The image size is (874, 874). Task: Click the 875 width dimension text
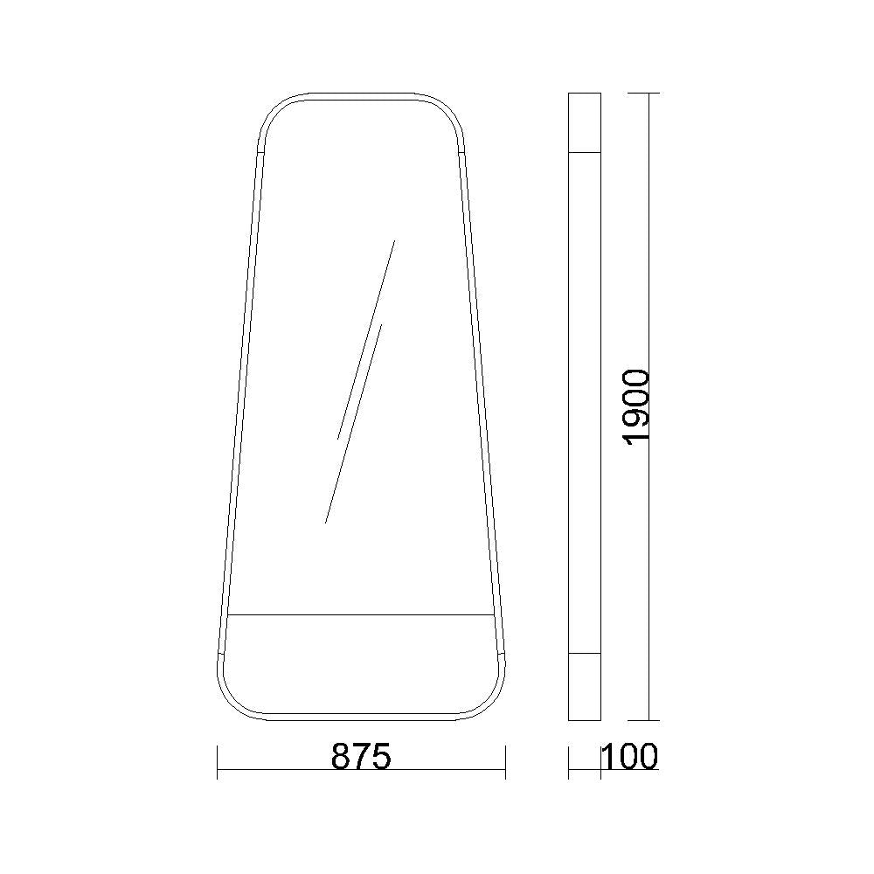[361, 757]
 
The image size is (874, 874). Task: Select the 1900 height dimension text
[635, 406]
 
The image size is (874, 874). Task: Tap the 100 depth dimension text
[630, 757]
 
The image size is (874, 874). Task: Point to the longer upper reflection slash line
[366, 339]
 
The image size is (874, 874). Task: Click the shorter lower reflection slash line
[353, 424]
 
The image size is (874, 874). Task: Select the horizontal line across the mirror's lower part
[361, 614]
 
